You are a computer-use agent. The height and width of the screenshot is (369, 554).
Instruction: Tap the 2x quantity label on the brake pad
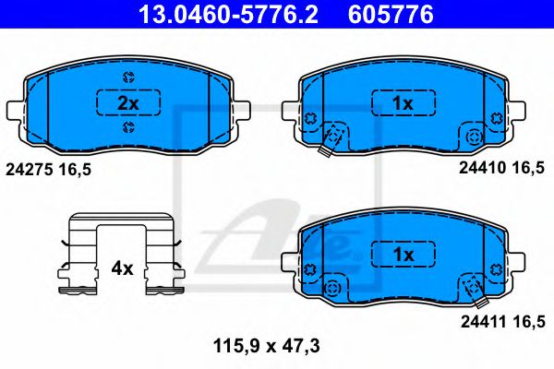[128, 103]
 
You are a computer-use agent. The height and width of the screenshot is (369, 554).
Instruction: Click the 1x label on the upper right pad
[402, 103]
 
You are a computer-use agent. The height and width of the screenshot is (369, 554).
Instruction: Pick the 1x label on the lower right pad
[402, 252]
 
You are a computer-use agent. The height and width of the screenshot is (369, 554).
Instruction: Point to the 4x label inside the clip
[123, 269]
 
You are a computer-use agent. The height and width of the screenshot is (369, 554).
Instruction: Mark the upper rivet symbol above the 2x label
[128, 77]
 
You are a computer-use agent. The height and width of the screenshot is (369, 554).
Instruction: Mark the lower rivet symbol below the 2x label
[128, 128]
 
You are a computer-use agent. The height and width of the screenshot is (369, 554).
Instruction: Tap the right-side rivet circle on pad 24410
[475, 137]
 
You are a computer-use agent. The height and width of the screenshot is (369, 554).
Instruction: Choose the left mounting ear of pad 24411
[290, 265]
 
